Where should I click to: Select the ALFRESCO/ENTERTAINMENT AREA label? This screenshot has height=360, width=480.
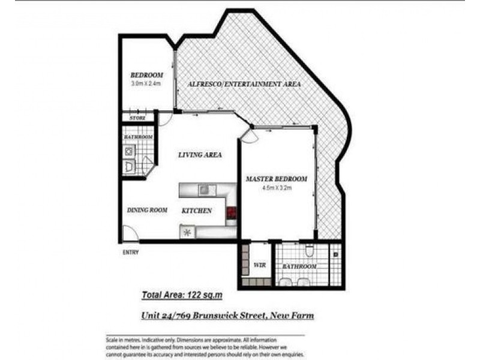pyautogui.click(x=244, y=84)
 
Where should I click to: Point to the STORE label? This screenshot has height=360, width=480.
pyautogui.click(x=137, y=118)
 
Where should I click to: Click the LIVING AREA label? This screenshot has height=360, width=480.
pyautogui.click(x=200, y=155)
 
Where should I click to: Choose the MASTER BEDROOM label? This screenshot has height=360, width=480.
pyautogui.click(x=277, y=179)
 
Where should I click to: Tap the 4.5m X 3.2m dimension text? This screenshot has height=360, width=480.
pyautogui.click(x=277, y=188)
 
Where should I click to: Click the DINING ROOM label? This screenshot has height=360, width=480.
pyautogui.click(x=146, y=211)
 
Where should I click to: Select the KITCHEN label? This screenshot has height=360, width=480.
pyautogui.click(x=197, y=211)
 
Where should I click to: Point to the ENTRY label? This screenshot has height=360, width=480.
pyautogui.click(x=131, y=253)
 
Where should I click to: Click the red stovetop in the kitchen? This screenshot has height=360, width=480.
pyautogui.click(x=231, y=212)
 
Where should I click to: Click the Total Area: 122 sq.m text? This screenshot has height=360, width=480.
pyautogui.click(x=182, y=295)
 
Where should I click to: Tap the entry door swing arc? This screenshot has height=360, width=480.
pyautogui.click(x=129, y=233)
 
